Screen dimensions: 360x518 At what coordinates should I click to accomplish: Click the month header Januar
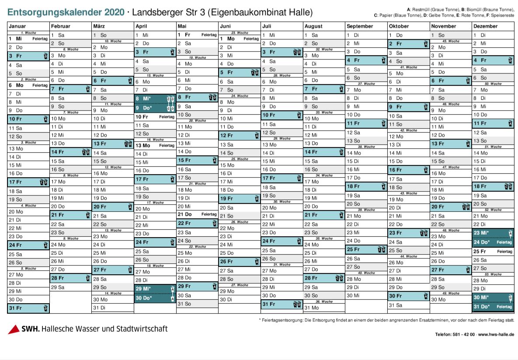click(x=17, y=26)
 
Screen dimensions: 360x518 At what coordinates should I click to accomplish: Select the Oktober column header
click(x=398, y=26)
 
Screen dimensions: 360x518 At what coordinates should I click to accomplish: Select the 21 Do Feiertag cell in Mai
click(x=197, y=214)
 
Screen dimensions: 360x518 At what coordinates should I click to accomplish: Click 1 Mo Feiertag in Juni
click(x=240, y=38)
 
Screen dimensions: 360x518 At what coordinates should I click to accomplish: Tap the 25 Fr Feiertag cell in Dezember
click(x=493, y=252)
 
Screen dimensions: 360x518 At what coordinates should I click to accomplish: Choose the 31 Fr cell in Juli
click(x=282, y=304)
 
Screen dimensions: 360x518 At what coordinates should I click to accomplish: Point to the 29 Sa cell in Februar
click(x=70, y=287)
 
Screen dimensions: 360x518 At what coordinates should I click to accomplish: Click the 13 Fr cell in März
click(x=112, y=143)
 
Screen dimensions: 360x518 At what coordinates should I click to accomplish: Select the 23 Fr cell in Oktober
click(x=408, y=233)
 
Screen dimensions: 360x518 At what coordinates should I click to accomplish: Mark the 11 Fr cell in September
click(x=366, y=124)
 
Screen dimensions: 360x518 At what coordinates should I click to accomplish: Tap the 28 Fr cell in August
click(x=324, y=278)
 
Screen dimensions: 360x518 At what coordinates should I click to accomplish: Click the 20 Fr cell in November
click(x=450, y=207)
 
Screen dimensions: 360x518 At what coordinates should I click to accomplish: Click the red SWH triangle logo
click(x=14, y=329)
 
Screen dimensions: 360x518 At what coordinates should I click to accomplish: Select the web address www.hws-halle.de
click(x=496, y=335)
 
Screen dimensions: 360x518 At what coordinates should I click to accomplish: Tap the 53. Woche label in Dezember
click(x=493, y=274)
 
